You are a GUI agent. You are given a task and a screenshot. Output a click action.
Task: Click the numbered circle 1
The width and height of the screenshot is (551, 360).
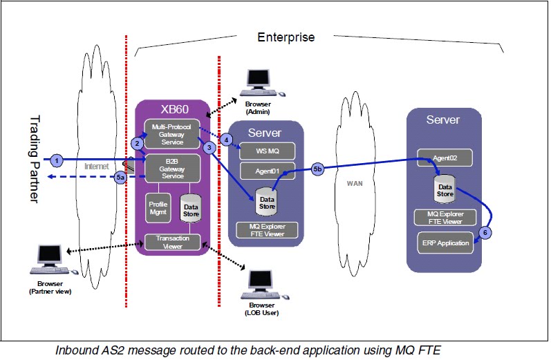[58, 160]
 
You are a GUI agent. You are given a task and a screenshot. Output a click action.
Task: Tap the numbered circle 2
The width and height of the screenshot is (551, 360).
[138, 143]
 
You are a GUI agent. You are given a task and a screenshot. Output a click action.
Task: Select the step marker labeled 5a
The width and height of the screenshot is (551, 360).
[120, 177]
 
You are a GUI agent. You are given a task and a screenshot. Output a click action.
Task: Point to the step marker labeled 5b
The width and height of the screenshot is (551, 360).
[317, 168]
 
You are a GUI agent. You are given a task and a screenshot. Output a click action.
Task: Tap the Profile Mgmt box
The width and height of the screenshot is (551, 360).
[158, 208]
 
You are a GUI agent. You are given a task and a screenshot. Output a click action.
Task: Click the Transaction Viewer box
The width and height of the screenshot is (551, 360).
[171, 242]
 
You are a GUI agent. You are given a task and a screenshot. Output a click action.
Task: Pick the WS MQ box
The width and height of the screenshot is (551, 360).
[266, 149]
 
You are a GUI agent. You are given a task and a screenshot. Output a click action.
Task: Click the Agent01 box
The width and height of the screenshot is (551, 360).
[266, 171]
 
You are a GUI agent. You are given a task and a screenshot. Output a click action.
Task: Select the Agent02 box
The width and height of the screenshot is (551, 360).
[445, 158]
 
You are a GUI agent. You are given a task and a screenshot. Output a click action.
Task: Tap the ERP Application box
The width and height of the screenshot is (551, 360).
[445, 243]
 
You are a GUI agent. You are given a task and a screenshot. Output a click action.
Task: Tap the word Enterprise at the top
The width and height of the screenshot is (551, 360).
[286, 37]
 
